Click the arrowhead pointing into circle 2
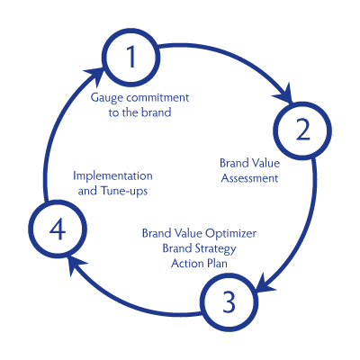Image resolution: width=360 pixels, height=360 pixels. click(285, 94)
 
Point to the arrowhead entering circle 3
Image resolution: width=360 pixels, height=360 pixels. click(261, 289)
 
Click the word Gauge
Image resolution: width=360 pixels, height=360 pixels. click(108, 98)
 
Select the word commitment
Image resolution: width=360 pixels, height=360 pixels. click(157, 98)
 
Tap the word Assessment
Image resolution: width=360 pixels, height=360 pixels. click(248, 178)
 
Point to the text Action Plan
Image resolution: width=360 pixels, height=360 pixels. click(199, 263)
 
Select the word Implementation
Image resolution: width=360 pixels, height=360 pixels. click(112, 175)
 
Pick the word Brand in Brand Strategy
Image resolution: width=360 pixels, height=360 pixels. click(178, 248)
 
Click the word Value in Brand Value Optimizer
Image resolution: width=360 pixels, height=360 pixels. click(187, 234)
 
